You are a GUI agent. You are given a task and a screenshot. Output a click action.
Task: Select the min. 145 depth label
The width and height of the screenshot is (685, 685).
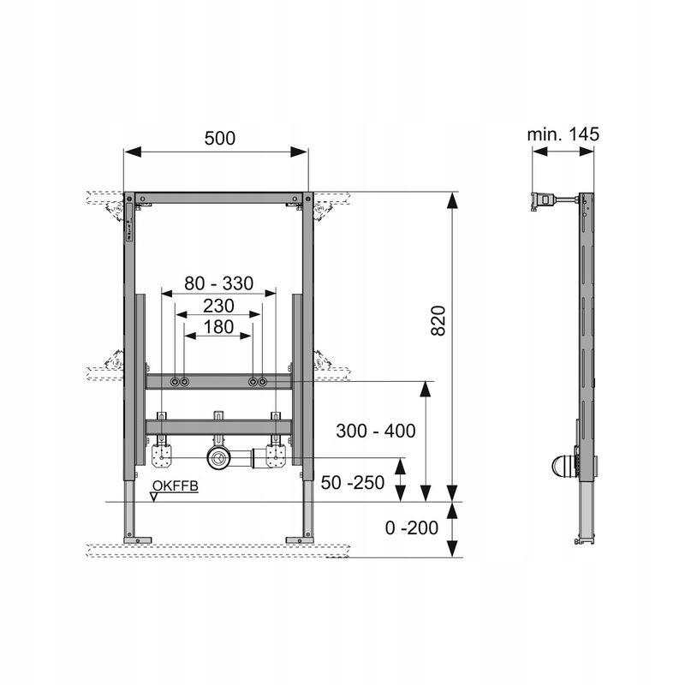(563, 134)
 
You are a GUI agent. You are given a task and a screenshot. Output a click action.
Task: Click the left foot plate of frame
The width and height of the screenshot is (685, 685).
(139, 539)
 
